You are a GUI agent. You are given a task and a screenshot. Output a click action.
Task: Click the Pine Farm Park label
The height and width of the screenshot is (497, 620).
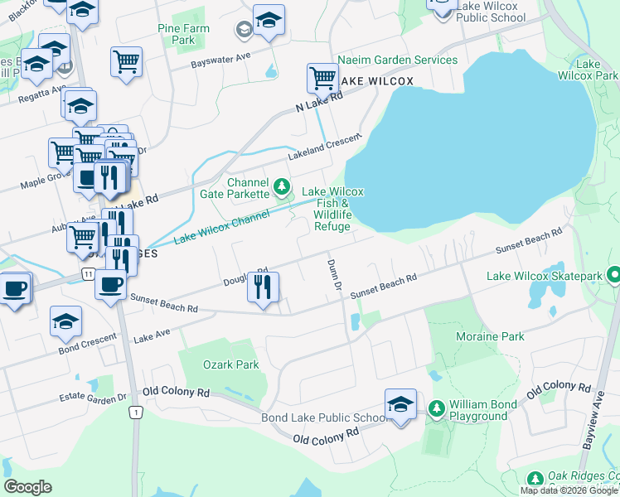(183, 34)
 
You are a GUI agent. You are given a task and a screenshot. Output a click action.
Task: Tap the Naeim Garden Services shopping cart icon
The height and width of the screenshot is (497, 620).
(322, 78)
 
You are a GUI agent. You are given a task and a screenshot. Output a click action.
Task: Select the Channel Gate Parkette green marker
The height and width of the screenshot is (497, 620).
(281, 187)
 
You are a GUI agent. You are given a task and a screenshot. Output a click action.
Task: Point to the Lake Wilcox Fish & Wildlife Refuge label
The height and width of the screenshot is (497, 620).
(332, 209)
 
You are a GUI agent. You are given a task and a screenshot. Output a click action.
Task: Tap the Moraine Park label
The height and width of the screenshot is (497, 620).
(490, 336)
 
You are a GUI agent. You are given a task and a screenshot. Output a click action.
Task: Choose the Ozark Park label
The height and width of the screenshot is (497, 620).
(231, 364)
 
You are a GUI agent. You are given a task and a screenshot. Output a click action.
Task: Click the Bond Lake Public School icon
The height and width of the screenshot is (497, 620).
(400, 405)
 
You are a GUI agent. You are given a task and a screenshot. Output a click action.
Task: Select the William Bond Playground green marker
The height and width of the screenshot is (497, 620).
(437, 408)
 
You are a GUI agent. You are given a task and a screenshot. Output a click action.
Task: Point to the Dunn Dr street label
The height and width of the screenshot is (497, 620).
(335, 273)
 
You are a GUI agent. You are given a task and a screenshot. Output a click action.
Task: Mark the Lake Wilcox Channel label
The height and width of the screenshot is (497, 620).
(221, 228)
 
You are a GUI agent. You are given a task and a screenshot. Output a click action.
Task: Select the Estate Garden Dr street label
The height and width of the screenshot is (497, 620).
(94, 397)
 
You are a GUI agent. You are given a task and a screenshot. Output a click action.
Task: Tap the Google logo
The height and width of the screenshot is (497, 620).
(27, 486)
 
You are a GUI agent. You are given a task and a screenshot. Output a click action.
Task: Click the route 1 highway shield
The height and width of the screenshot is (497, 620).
(135, 412)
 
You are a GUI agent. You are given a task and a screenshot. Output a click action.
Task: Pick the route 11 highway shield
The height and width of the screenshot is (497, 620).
(87, 273)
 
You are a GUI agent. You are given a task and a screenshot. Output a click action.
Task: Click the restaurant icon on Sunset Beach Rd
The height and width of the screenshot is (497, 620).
(263, 287)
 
